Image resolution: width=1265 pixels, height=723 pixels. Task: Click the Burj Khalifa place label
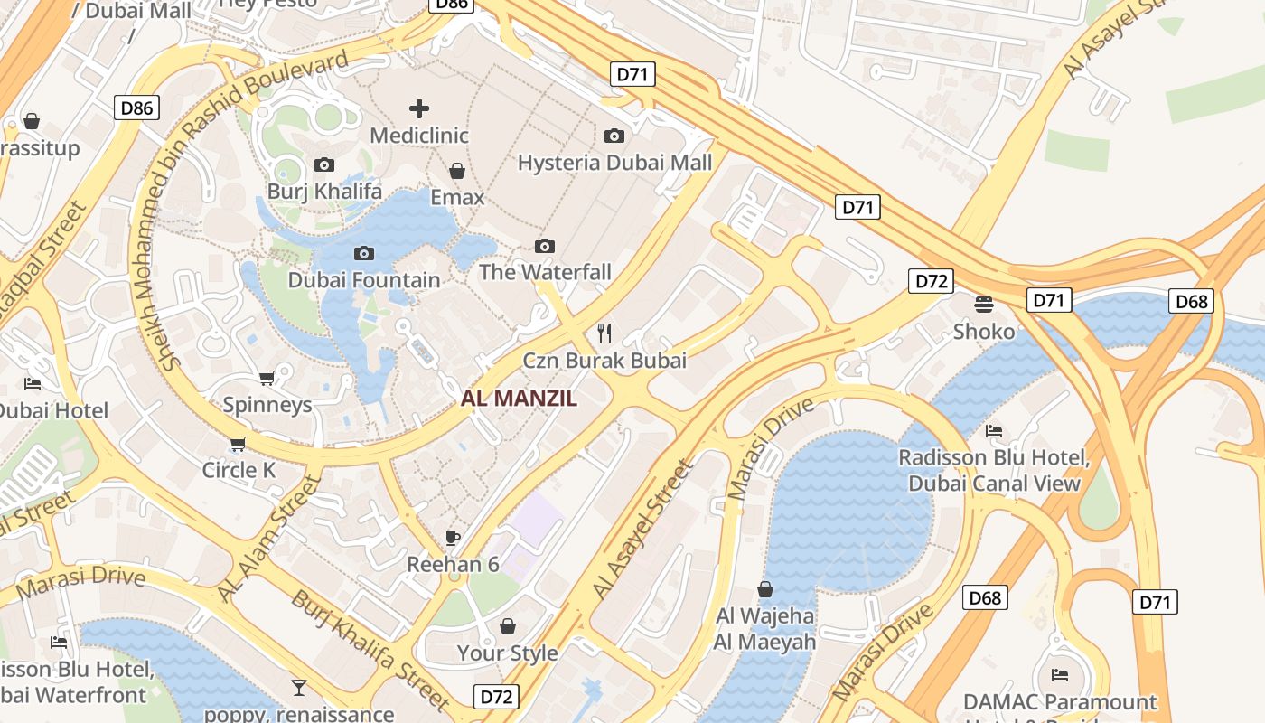pos(324,192)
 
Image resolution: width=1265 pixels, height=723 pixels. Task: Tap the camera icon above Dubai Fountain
pos(364,254)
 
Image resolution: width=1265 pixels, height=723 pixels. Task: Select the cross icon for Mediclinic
pos(419,109)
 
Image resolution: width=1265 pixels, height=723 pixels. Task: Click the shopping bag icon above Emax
pos(457,171)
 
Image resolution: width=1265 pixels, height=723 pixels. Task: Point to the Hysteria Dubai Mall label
pos(614,163)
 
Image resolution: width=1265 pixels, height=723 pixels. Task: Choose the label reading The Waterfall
pos(545,272)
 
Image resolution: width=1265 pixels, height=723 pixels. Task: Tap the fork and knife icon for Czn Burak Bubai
pos(604,333)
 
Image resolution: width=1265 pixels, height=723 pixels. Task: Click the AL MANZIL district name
pos(519,399)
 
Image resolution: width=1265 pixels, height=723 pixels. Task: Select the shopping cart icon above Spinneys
pos(267,379)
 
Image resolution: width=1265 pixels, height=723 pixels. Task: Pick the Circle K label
pos(239,470)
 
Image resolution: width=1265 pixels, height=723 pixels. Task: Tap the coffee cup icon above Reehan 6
pos(453,539)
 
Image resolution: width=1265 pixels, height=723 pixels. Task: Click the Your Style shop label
pos(507,653)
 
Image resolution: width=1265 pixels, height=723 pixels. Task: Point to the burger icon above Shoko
pos(984,305)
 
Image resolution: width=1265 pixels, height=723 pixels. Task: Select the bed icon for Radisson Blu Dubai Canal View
pos(994,431)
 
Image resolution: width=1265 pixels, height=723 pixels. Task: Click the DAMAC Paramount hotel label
pos(1059,702)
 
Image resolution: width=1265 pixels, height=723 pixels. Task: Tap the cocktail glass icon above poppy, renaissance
pos(299,688)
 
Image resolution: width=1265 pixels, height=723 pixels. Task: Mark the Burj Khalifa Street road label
pos(370,649)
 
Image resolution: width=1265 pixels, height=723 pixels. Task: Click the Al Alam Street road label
pos(269,539)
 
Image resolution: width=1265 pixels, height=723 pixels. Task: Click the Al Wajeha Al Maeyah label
pos(764,629)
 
